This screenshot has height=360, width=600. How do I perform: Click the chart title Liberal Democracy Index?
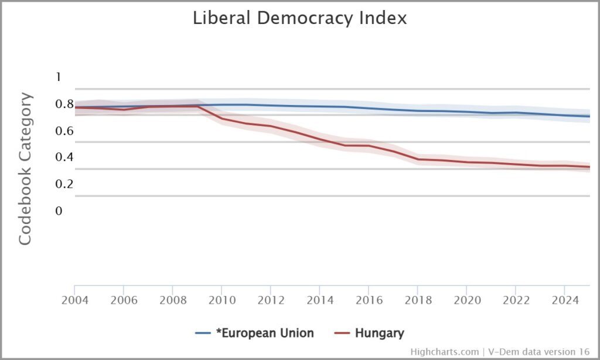pyautogui.click(x=299, y=18)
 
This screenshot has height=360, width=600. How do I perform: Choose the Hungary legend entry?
pyautogui.click(x=371, y=334)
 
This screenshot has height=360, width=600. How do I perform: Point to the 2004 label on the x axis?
pyautogui.click(x=74, y=299)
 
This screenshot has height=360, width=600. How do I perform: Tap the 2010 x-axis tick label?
pyautogui.click(x=221, y=299)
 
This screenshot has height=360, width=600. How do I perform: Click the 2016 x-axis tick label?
pyautogui.click(x=368, y=299)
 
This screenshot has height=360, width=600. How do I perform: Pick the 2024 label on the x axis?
pyautogui.click(x=564, y=299)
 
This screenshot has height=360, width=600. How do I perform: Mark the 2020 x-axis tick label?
pyautogui.click(x=466, y=299)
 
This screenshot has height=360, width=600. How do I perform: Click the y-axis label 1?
pyautogui.click(x=58, y=77)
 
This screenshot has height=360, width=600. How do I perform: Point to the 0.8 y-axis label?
pyautogui.click(x=64, y=104)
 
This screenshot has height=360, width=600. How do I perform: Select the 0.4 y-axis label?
pyautogui.click(x=64, y=157)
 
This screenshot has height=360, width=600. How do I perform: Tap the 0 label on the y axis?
pyautogui.click(x=58, y=210)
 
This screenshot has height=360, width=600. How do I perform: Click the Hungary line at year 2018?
pyautogui.click(x=417, y=159)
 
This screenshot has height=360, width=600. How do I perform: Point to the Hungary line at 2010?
pyautogui.click(x=221, y=118)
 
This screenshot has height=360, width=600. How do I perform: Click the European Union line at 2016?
pyautogui.click(x=368, y=108)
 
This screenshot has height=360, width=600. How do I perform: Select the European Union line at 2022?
pyautogui.click(x=515, y=113)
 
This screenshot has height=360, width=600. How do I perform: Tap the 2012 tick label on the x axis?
pyautogui.click(x=270, y=299)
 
